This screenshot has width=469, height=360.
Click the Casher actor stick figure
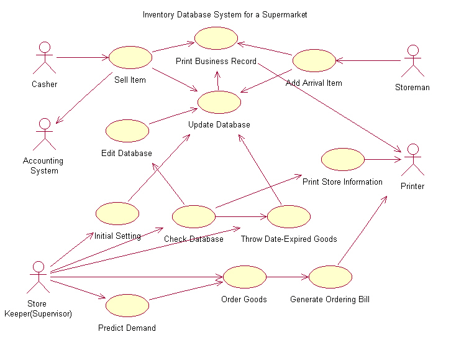click(x=44, y=58)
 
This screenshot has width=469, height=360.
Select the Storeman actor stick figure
click(x=412, y=62)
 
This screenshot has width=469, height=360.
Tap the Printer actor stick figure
click(x=412, y=160)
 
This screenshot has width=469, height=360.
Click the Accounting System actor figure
click(x=43, y=134)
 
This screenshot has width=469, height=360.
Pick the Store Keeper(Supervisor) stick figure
click(x=39, y=277)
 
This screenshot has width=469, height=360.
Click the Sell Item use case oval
click(x=130, y=57)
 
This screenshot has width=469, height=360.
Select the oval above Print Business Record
click(x=216, y=39)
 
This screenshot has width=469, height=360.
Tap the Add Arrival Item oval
click(x=314, y=61)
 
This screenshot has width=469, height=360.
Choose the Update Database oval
click(x=219, y=102)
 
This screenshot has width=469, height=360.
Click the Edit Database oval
click(x=127, y=131)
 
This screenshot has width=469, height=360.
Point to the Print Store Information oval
click(x=342, y=159)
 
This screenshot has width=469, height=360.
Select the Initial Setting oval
click(x=117, y=213)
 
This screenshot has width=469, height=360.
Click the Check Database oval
click(x=193, y=216)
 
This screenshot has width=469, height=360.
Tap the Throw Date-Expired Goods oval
click(x=289, y=216)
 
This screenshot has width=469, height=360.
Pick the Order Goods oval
click(x=244, y=277)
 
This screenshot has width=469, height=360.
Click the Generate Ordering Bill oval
click(x=330, y=277)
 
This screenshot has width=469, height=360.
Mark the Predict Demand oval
click(x=127, y=305)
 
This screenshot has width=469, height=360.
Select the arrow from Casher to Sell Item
click(x=82, y=58)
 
